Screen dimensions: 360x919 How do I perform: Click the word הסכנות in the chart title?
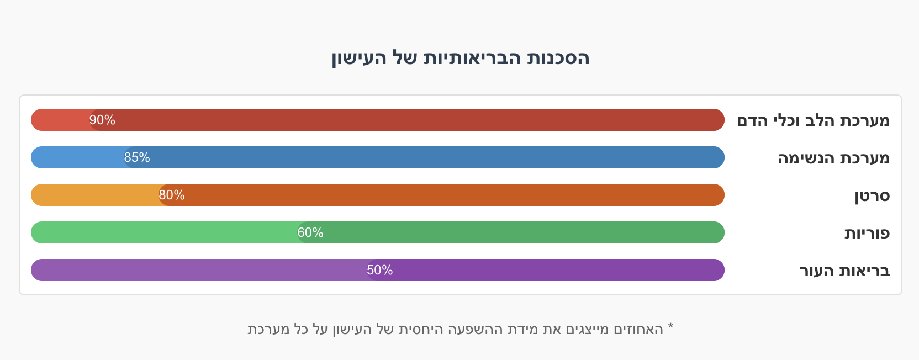point(558,58)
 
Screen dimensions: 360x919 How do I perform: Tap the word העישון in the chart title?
point(351,58)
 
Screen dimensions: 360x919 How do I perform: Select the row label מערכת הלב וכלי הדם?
point(813,120)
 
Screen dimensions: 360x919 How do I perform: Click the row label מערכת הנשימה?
point(833,158)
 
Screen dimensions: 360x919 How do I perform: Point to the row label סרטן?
point(872,195)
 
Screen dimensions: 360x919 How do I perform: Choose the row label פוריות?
point(867,233)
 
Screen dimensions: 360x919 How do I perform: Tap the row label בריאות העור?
point(844,271)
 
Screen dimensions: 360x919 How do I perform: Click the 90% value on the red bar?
point(102,120)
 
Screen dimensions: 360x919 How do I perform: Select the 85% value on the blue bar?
point(137,157)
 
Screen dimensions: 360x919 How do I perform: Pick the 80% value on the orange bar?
point(172,195)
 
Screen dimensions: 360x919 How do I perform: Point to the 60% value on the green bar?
point(310,232)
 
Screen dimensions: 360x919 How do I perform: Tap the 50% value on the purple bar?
point(380,270)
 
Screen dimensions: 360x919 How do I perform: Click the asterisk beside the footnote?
point(670,327)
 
